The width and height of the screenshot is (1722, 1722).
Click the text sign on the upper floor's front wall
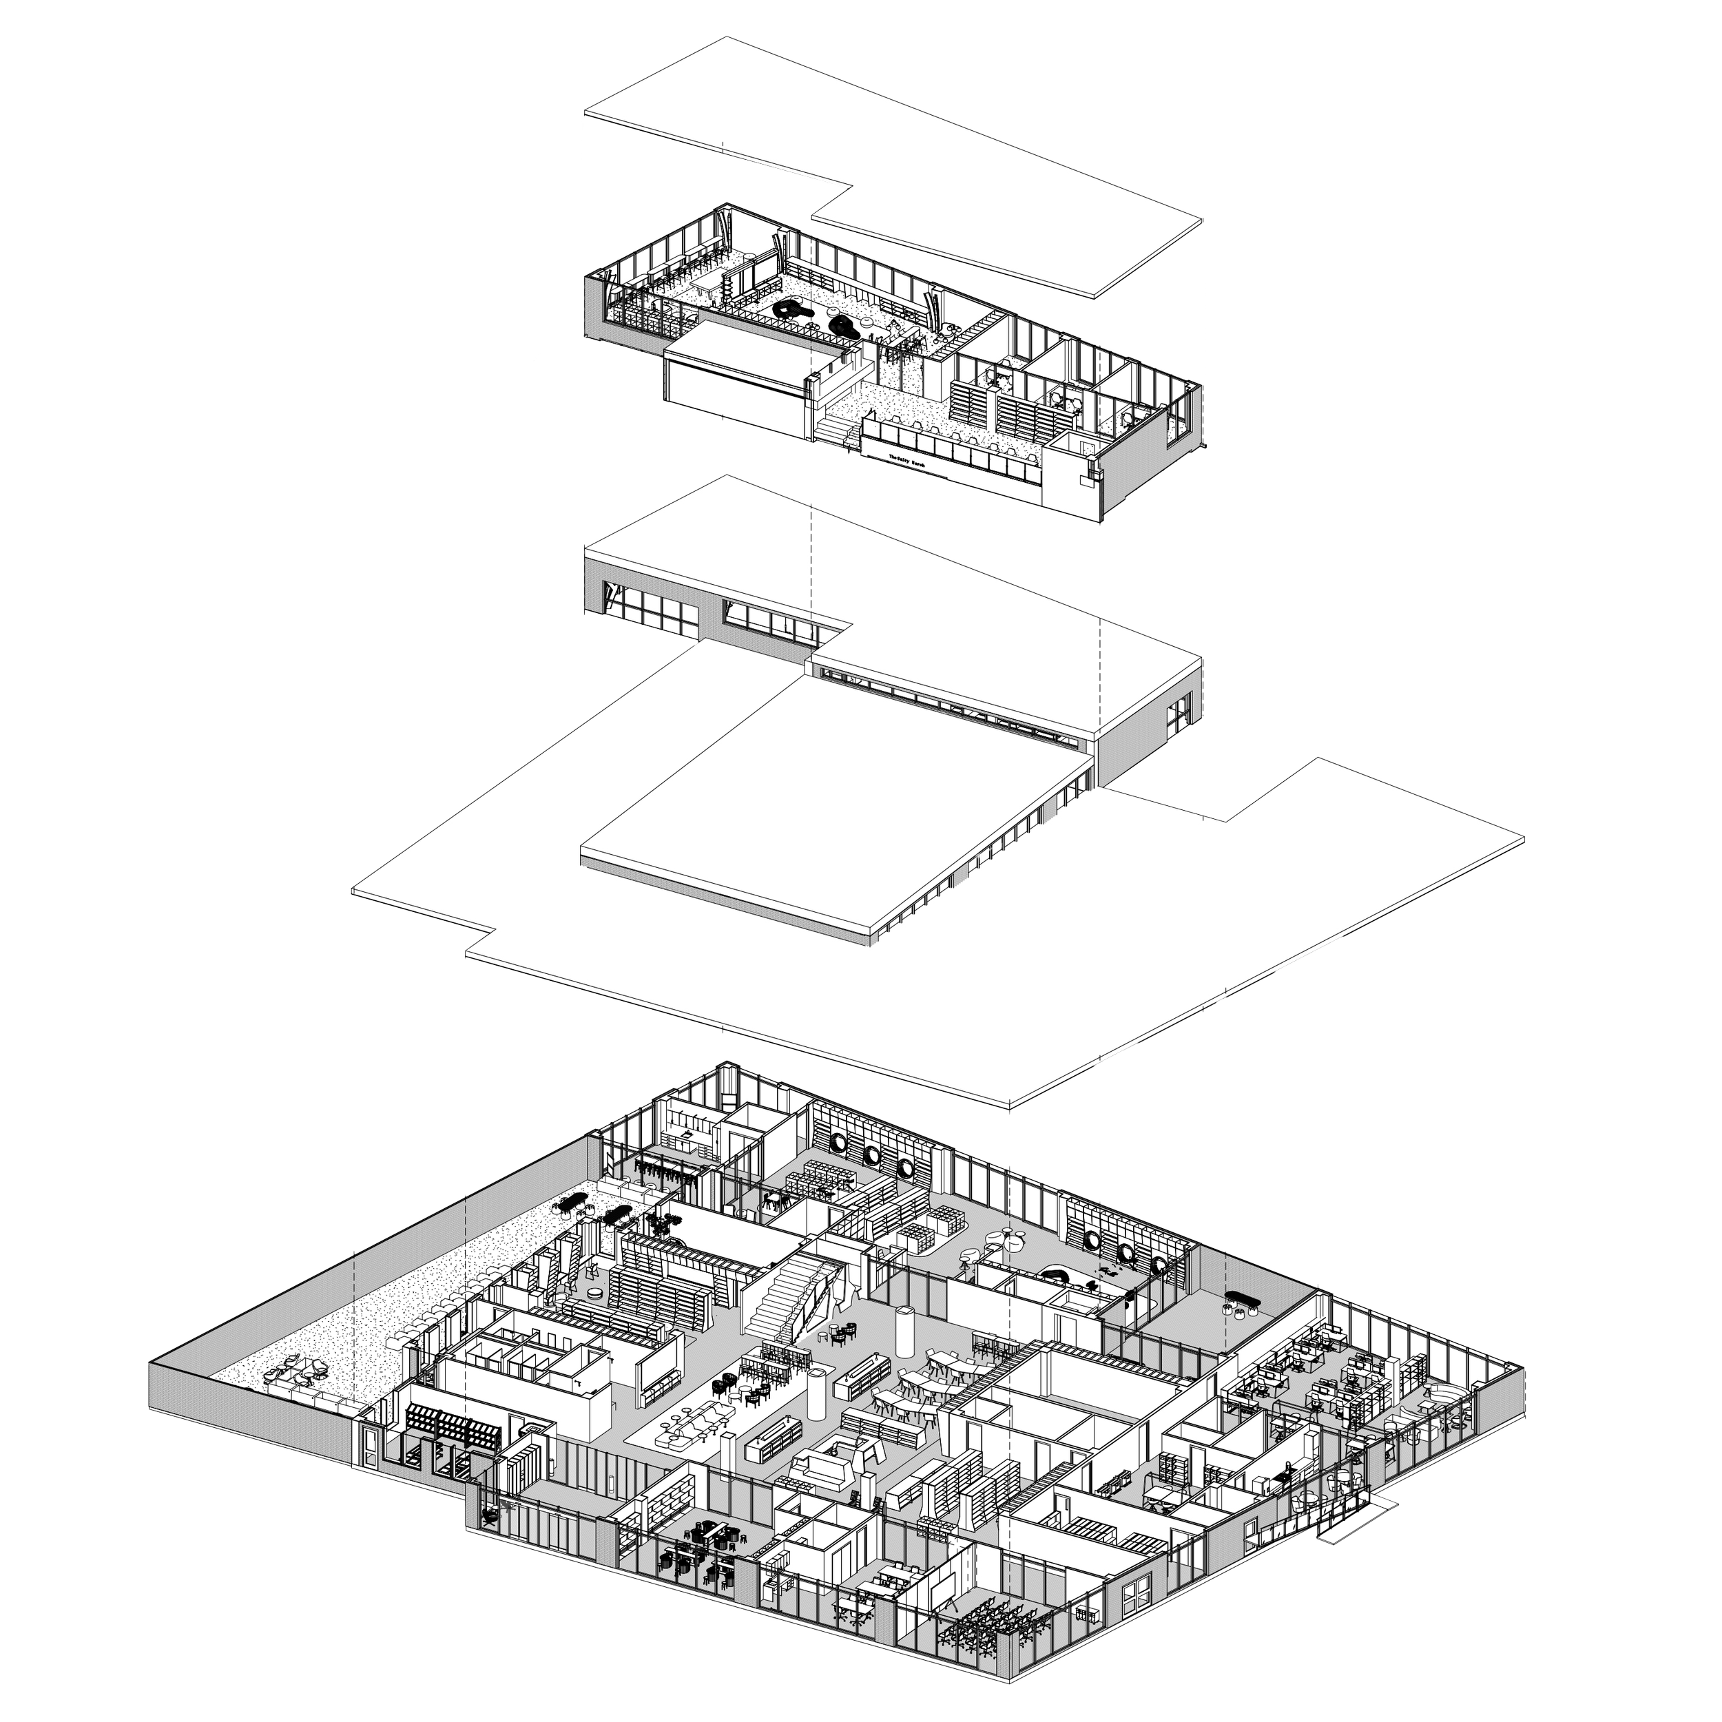point(910,460)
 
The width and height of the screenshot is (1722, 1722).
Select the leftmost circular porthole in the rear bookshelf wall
point(840,1144)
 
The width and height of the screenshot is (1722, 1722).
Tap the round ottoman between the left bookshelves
point(594,1291)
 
